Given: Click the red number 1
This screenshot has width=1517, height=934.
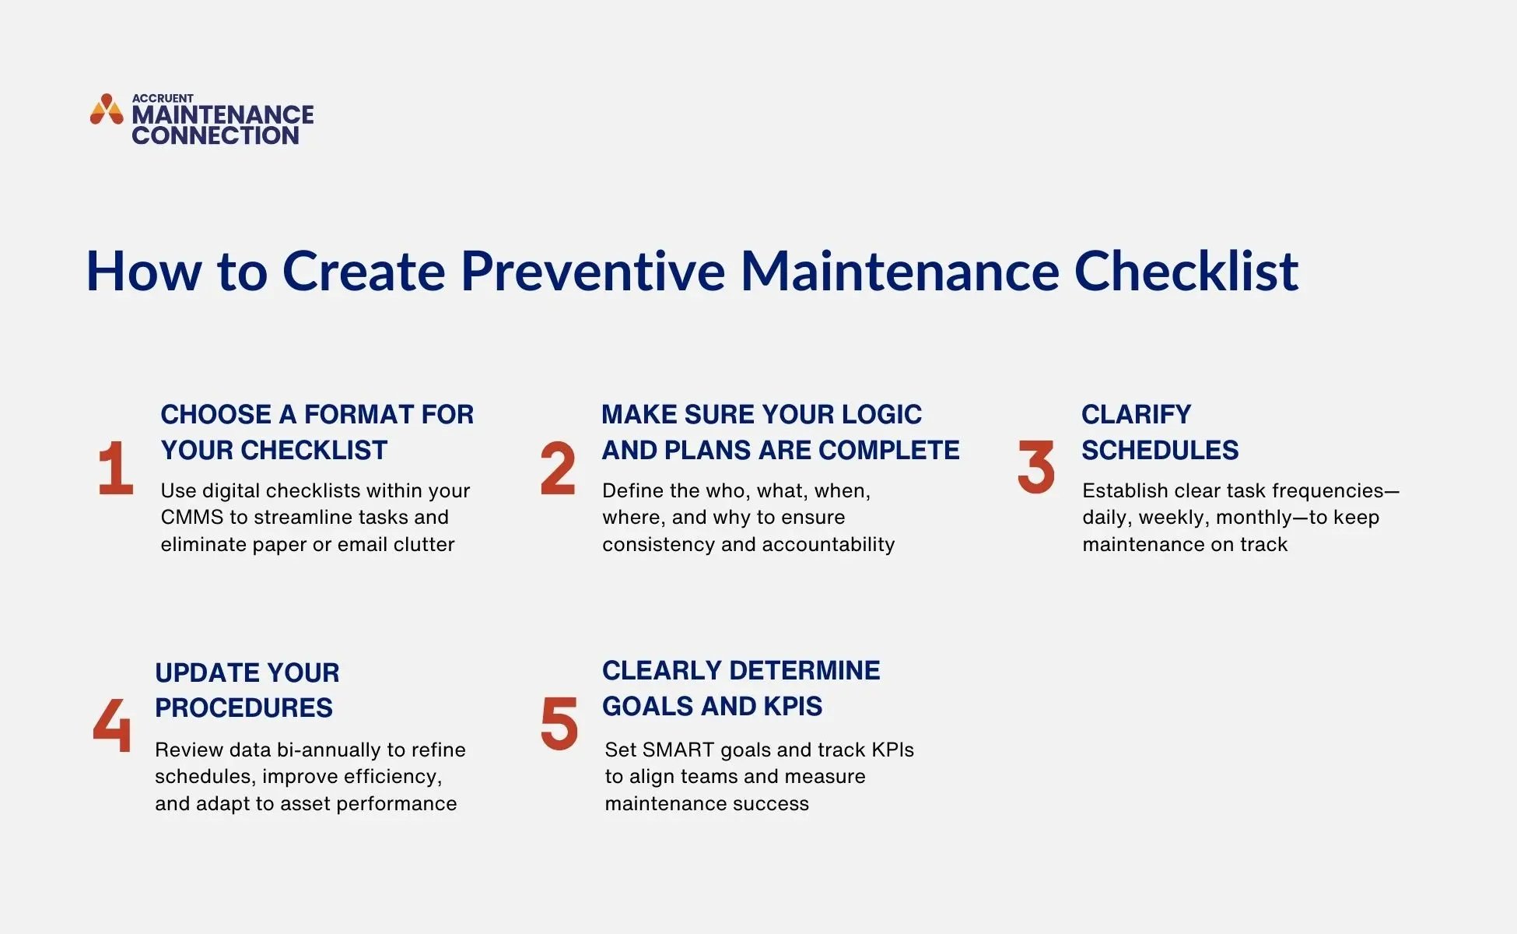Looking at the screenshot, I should click(115, 468).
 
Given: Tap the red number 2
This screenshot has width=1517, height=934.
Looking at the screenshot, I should click(558, 468).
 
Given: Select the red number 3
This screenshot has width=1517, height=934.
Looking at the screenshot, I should click(1035, 467).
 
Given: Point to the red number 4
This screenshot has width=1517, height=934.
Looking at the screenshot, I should click(112, 725).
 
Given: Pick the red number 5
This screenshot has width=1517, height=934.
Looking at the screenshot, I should click(559, 724).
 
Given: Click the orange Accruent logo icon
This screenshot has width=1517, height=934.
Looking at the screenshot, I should click(107, 110).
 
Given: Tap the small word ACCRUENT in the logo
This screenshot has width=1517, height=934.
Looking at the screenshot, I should click(163, 98).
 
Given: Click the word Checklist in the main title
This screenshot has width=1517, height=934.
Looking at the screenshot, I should click(1186, 272).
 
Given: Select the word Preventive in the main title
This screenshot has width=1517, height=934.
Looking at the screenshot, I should click(592, 272).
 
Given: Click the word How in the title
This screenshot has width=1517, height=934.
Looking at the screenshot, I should click(143, 272).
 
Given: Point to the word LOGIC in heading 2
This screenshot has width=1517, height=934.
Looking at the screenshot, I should click(881, 415).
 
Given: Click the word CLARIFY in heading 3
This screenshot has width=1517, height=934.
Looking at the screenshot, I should click(1136, 415).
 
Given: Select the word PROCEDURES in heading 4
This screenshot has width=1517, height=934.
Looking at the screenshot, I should click(243, 708).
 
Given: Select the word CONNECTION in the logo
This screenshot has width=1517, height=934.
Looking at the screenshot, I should click(215, 135).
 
